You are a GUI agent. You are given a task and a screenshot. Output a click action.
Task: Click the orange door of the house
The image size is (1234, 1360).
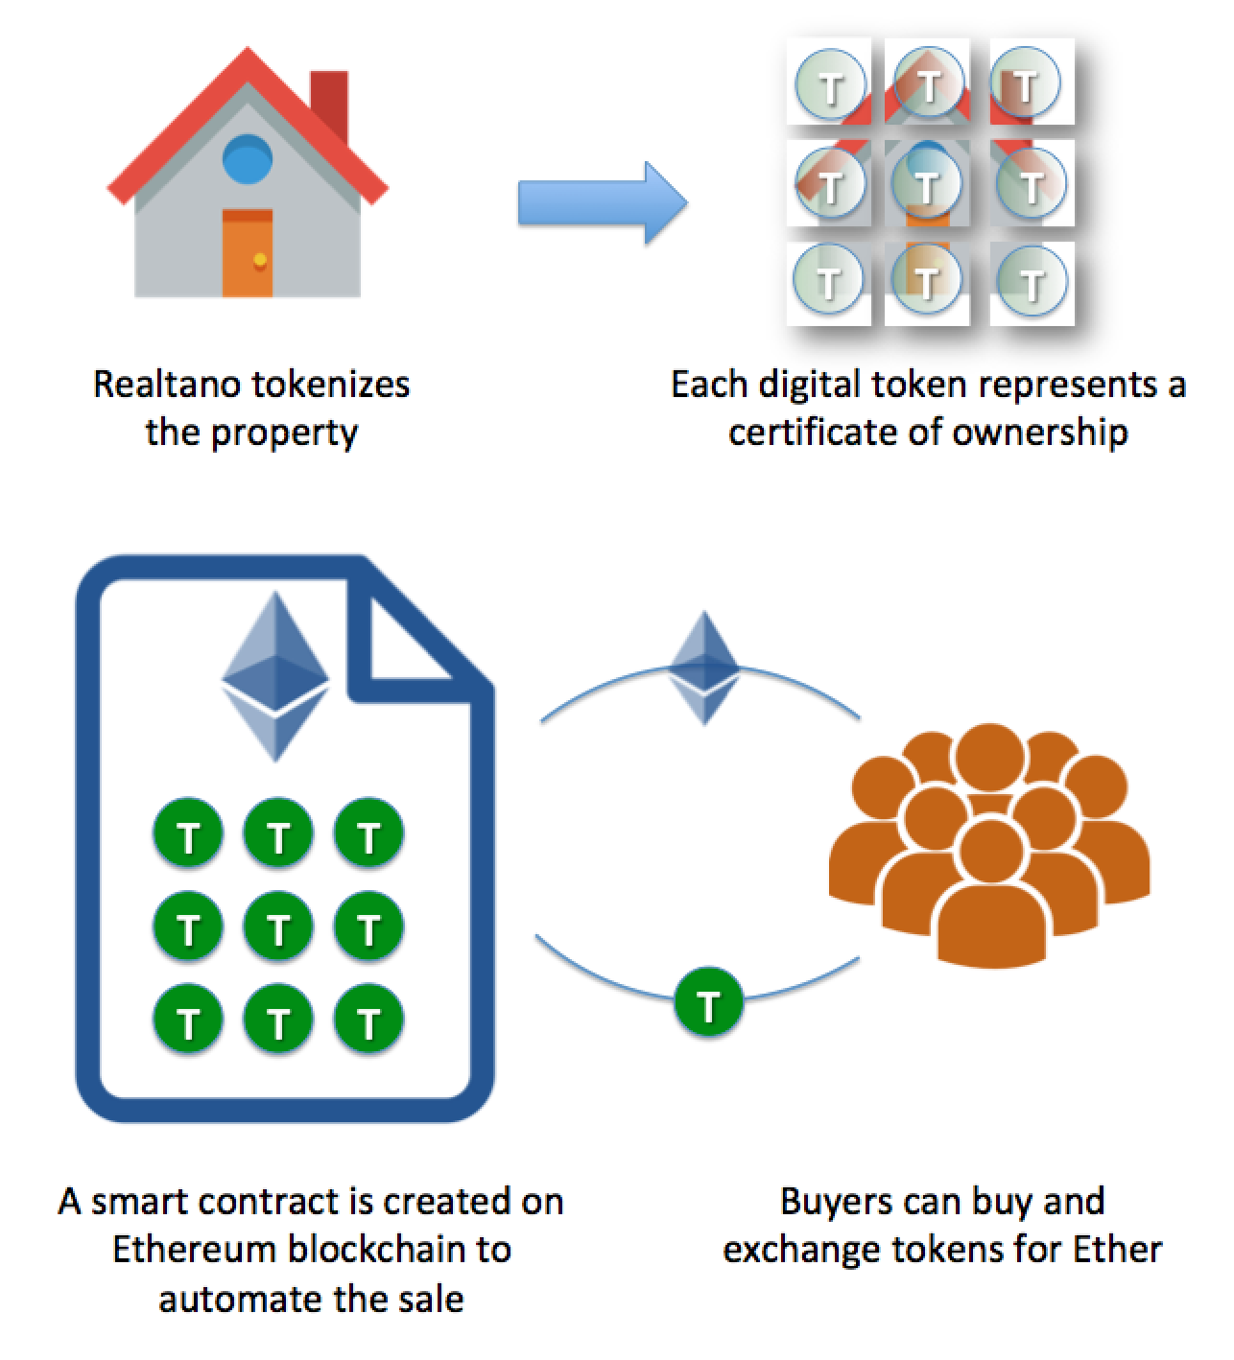[x=248, y=253]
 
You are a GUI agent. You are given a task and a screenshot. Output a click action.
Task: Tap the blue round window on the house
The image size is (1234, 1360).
[x=248, y=160]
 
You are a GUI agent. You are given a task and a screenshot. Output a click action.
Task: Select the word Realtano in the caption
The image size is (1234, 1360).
[x=159, y=385]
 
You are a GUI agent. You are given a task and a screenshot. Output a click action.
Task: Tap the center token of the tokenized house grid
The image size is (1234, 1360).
[x=927, y=182]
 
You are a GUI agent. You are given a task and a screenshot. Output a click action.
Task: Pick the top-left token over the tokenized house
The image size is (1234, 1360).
[x=830, y=85]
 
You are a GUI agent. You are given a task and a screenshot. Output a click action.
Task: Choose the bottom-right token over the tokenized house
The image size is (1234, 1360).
[x=1031, y=282]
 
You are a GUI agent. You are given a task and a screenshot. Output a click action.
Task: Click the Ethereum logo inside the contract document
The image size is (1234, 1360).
[x=275, y=676]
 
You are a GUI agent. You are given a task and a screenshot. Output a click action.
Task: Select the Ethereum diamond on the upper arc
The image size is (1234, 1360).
[x=704, y=667]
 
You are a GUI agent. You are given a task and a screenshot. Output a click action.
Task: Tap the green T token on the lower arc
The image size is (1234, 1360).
[x=708, y=1004]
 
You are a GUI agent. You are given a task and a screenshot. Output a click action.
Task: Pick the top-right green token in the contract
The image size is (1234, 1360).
[x=368, y=835]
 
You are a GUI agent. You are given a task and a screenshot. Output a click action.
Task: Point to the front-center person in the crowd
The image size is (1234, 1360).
[x=989, y=892]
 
